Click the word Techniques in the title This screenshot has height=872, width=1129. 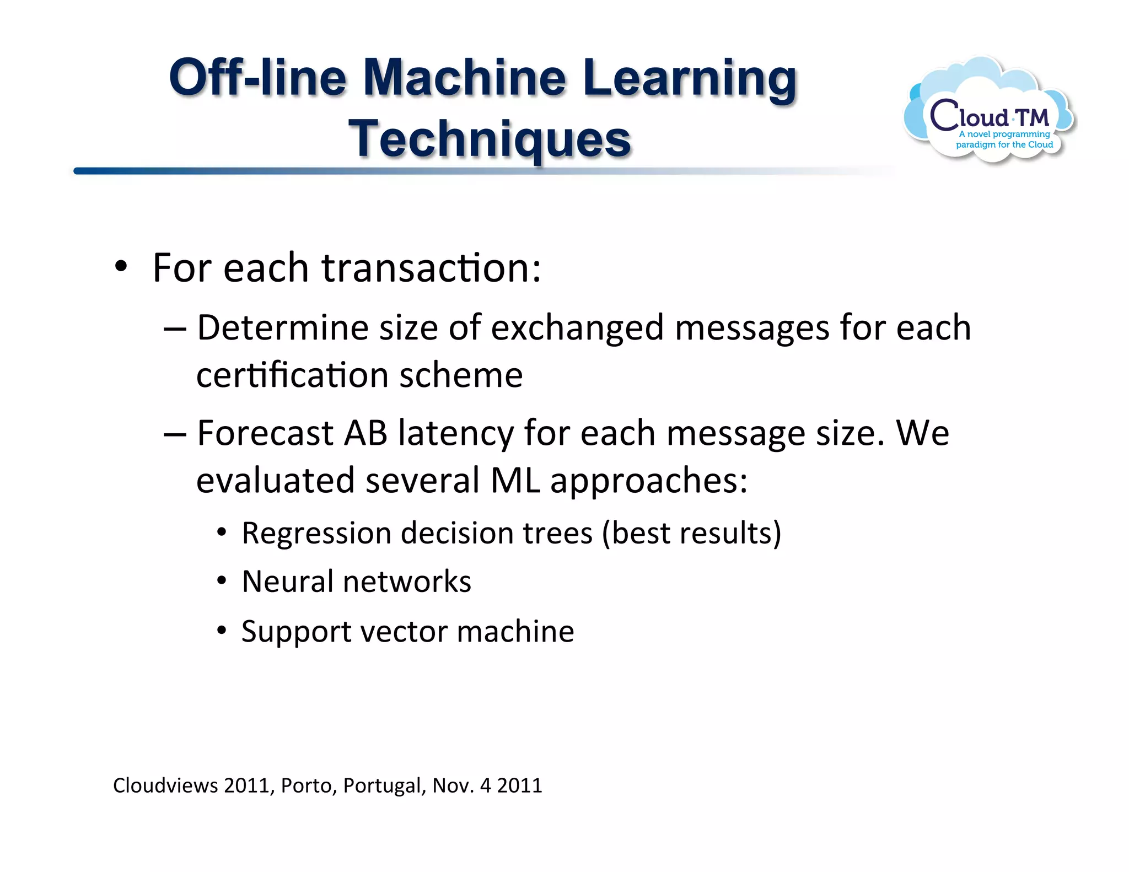(x=490, y=139)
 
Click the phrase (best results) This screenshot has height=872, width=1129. (x=691, y=534)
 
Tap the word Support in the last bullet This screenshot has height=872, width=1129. (x=295, y=632)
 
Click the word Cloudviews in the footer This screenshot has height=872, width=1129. (x=165, y=785)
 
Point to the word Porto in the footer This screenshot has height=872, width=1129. (x=308, y=785)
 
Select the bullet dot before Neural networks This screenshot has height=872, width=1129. (x=222, y=582)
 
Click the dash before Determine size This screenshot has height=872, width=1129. (x=175, y=329)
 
